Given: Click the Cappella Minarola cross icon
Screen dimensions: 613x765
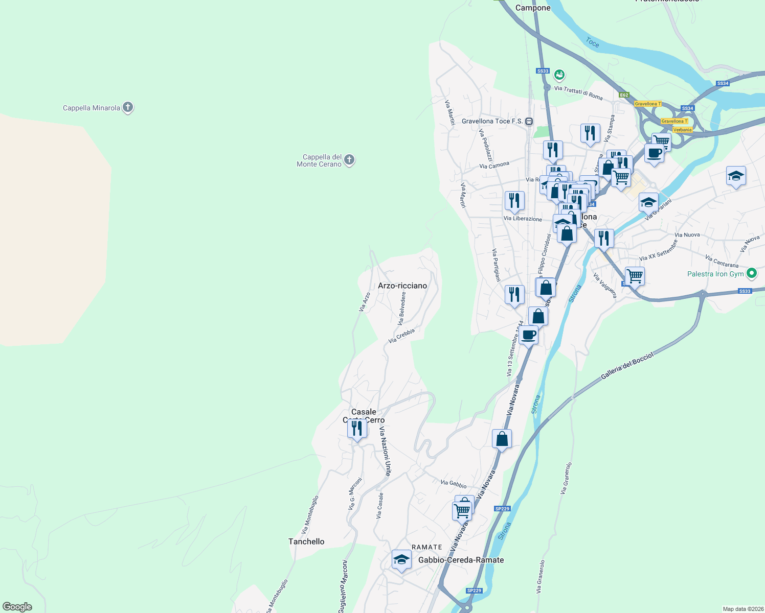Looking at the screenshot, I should coord(128,107).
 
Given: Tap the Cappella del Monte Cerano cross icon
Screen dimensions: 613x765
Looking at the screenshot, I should coord(349,160).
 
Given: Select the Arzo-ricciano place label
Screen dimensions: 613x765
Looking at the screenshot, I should coord(402,286).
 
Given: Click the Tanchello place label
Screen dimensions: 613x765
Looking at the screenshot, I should coord(306,541).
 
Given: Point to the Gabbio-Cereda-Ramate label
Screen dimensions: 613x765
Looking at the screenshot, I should coord(461,560).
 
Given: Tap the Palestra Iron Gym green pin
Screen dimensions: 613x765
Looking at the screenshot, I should coord(751,273).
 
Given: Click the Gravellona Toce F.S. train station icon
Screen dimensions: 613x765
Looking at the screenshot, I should coord(529,121).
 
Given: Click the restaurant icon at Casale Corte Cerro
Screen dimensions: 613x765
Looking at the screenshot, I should coord(357,428).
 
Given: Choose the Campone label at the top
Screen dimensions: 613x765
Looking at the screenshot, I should coord(533,8).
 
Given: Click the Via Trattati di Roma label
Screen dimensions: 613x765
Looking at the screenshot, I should coord(578,92).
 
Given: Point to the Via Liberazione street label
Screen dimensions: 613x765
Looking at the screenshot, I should coord(523,219).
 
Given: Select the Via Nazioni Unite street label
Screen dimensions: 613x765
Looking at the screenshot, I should coord(385,451).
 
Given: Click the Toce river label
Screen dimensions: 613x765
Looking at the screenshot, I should coord(592,42).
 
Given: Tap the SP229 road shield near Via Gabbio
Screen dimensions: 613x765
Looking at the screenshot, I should coord(502,509).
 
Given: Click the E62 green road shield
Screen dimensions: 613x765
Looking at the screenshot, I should coord(623,95).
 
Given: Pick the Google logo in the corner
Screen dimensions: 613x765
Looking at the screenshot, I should coord(17,607).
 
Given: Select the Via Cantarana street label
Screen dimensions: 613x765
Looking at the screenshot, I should coord(722,262).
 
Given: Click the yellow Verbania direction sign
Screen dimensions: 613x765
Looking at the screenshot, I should coord(682,130).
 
